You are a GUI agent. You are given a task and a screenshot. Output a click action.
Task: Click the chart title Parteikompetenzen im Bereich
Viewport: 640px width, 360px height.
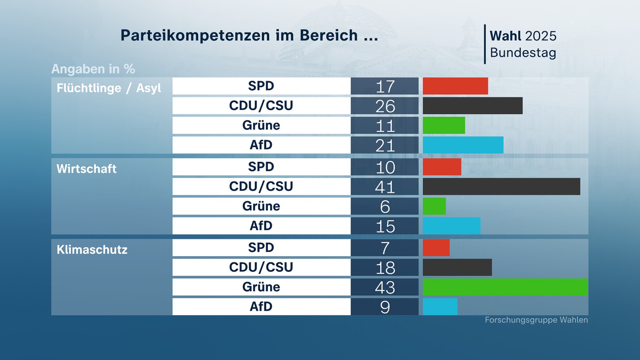pos(249,35)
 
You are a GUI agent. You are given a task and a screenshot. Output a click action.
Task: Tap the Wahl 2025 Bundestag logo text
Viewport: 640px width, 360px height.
pos(523,44)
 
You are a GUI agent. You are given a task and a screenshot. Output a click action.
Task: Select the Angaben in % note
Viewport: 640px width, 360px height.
pos(93,69)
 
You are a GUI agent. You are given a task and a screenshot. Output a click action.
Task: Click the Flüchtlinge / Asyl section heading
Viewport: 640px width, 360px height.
pos(109,88)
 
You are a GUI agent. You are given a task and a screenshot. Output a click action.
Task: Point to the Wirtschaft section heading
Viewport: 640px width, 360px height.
pos(87,169)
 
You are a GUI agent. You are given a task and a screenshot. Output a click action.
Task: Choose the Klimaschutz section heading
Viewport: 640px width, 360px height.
pos(92,250)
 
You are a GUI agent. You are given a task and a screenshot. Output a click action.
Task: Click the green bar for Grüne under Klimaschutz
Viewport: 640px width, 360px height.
pos(505,287)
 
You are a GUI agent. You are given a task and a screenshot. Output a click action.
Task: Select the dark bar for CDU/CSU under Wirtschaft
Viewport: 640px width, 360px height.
pos(501,186)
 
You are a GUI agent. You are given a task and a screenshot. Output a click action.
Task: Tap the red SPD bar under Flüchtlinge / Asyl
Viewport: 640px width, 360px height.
pos(455,86)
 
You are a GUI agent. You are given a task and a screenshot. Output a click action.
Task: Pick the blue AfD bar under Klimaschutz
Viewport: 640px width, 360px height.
pos(440,307)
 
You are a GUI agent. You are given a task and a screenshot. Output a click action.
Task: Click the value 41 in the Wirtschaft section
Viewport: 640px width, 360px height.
pos(385,187)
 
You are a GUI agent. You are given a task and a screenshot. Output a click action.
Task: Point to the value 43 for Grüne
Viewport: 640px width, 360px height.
pos(385,287)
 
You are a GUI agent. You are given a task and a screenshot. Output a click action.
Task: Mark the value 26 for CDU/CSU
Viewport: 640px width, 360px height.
pos(385,106)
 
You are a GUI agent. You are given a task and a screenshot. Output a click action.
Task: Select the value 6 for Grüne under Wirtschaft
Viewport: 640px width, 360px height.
pos(385,206)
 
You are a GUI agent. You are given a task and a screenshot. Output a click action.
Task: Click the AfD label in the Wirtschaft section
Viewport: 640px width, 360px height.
pos(261,226)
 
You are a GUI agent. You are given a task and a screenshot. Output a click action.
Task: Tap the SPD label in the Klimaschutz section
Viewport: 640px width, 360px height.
pos(261,248)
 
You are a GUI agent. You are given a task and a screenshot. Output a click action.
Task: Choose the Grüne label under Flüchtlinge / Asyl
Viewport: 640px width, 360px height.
pos(261,125)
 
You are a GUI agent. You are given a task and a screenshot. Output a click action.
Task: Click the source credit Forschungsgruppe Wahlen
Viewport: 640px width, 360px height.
pos(536,320)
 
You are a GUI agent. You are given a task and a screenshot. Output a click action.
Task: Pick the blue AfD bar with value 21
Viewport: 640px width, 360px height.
pos(463,145)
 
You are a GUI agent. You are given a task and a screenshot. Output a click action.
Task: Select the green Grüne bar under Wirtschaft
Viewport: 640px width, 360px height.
pos(434,206)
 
